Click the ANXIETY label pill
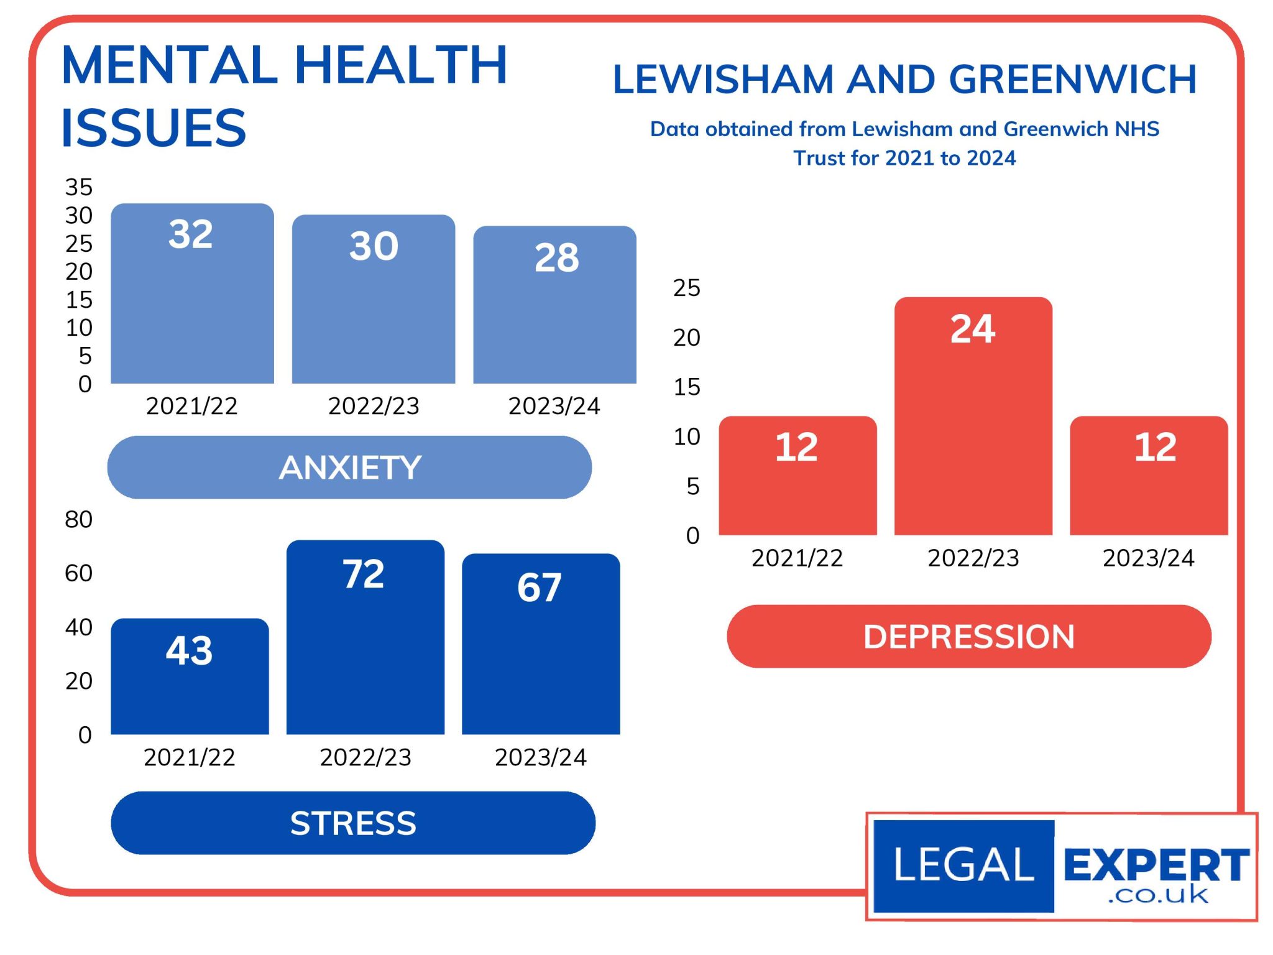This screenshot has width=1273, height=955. click(349, 468)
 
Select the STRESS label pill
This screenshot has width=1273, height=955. click(353, 823)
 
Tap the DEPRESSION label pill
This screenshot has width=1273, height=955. click(968, 637)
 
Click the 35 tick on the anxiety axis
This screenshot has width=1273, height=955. click(79, 187)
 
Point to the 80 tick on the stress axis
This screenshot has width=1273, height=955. click(79, 519)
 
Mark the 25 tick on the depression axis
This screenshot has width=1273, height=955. click(686, 288)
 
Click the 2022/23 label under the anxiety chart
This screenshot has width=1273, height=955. click(374, 406)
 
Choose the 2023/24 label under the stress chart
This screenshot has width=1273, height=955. click(540, 757)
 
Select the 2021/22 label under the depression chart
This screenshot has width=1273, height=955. click(797, 558)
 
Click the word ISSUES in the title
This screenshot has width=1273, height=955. click(154, 128)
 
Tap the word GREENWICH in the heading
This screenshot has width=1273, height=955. click(1072, 80)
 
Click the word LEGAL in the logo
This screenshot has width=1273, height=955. click(963, 865)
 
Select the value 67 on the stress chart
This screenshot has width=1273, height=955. click(539, 587)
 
